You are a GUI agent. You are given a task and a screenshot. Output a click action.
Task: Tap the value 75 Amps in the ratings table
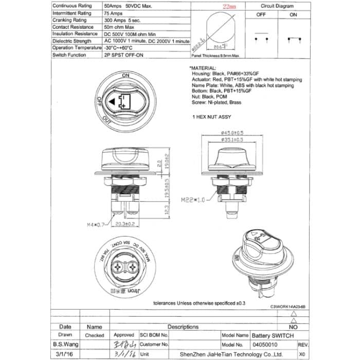click(113, 13)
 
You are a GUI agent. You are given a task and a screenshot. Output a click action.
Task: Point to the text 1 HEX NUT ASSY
click(211, 117)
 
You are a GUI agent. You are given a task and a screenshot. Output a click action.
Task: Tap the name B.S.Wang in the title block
click(66, 345)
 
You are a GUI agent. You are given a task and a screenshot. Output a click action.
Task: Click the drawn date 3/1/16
click(65, 354)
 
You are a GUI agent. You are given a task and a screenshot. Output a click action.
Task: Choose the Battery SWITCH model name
click(273, 335)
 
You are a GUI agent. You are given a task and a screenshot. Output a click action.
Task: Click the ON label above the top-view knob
click(125, 75)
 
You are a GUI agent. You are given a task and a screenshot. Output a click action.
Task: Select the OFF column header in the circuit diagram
click(262, 15)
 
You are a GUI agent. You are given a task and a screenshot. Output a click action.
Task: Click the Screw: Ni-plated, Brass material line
click(222, 102)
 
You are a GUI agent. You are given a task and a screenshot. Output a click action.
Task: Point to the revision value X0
click(302, 354)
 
